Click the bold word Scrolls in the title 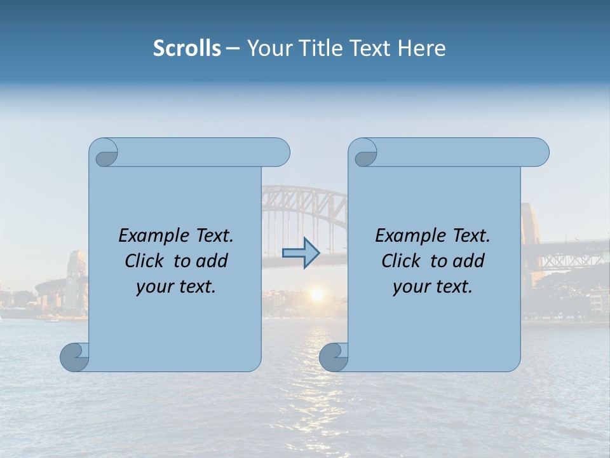187,48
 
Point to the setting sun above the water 316,294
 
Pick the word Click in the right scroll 402,261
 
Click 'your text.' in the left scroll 176,287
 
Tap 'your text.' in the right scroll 433,287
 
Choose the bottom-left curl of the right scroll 334,357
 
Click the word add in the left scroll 212,261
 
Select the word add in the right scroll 468,261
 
